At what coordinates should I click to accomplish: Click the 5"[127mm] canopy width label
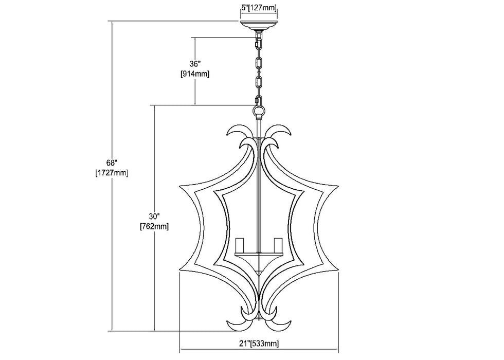click(x=259, y=8)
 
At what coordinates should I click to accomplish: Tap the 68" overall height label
click(x=111, y=163)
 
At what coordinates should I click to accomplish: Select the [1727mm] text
click(x=112, y=173)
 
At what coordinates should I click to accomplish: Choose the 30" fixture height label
click(x=154, y=216)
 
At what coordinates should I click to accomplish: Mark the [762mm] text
click(x=154, y=226)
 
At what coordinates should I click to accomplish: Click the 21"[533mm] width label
click(x=259, y=344)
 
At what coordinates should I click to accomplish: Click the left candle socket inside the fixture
click(x=240, y=246)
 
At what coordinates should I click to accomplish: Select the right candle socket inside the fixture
click(x=278, y=246)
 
